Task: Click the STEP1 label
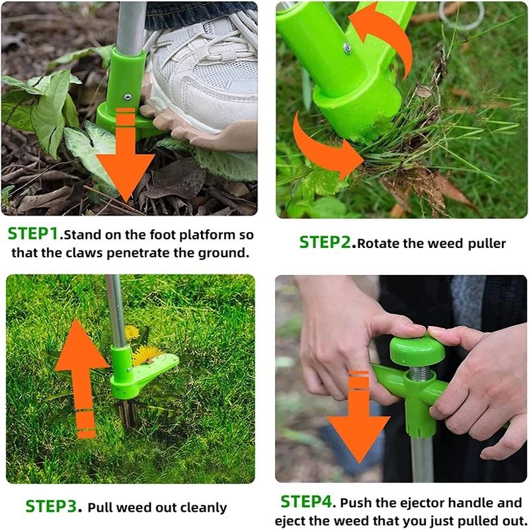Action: (33, 235)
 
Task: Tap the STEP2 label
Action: (325, 243)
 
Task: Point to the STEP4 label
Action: (305, 503)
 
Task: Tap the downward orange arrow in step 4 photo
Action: (358, 423)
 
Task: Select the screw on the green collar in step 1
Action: (127, 97)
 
